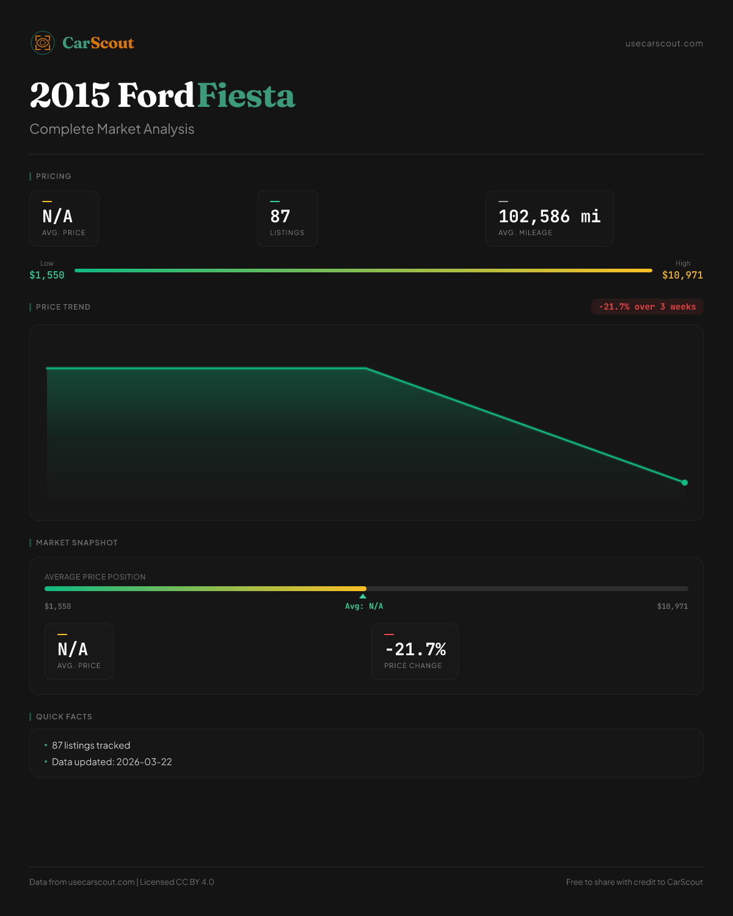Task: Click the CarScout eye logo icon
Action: [x=43, y=43]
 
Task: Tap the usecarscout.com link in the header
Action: [x=664, y=43]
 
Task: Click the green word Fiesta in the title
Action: [x=246, y=96]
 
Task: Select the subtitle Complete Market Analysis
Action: [x=112, y=129]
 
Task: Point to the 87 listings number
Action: [x=280, y=216]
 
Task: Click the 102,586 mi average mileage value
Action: [x=549, y=216]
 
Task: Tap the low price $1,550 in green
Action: [x=47, y=275]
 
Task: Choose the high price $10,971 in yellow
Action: [x=682, y=275]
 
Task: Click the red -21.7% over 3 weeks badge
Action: [x=647, y=307]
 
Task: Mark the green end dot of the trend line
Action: [x=685, y=482]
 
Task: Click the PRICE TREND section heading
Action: [x=63, y=307]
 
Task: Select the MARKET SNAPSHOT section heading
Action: [x=76, y=543]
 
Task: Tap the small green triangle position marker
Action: [x=363, y=596]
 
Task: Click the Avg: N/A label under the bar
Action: [x=364, y=606]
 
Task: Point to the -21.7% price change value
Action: [x=415, y=649]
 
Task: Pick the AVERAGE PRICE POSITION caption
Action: [x=95, y=577]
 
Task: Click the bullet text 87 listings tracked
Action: [x=91, y=746]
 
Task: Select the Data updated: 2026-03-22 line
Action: [x=112, y=762]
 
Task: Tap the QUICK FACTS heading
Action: [x=64, y=717]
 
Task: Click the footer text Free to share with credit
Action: [x=634, y=882]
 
